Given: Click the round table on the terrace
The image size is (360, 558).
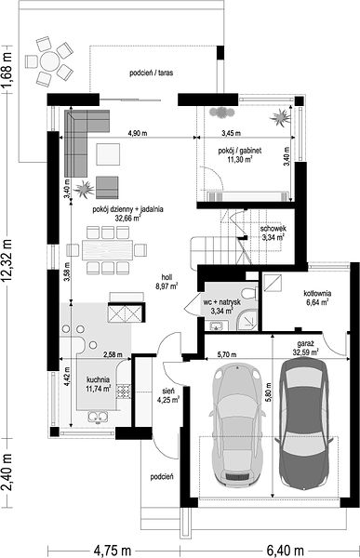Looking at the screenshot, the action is pyautogui.click(x=49, y=61).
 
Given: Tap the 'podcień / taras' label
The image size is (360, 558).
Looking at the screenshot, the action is pyautogui.click(x=152, y=73).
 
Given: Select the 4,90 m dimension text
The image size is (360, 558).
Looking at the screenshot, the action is pyautogui.click(x=138, y=133).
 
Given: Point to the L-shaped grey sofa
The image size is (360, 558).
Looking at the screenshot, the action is pyautogui.click(x=82, y=135).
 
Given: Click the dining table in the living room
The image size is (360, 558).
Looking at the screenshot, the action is pyautogui.click(x=107, y=250).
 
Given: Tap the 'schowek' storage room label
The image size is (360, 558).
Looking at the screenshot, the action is pyautogui.click(x=273, y=229).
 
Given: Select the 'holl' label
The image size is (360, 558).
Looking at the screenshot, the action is pyautogui.click(x=167, y=277).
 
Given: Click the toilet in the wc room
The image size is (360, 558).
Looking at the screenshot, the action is pyautogui.click(x=249, y=294).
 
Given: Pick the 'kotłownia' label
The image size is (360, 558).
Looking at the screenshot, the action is pyautogui.click(x=317, y=294).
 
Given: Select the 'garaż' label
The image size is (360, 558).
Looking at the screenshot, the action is pyautogui.click(x=305, y=344).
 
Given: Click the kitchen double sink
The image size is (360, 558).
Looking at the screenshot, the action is pyautogui.click(x=98, y=417).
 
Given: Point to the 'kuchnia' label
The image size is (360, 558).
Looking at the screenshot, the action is pyautogui.click(x=98, y=379).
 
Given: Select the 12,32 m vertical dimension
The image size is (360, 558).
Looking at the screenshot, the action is pyautogui.click(x=7, y=262).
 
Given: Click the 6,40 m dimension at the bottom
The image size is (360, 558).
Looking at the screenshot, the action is pyautogui.click(x=285, y=551).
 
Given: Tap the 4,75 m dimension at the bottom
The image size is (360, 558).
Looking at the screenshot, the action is pyautogui.click(x=113, y=551).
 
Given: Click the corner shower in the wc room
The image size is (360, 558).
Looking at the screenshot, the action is pyautogui.click(x=247, y=319).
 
